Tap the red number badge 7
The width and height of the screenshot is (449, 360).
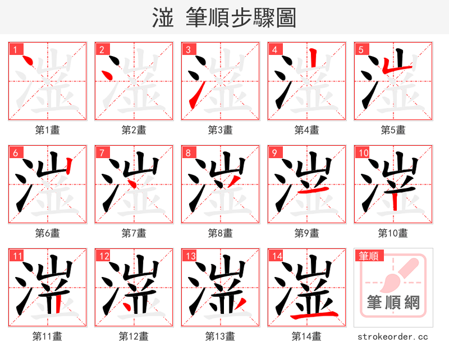102,153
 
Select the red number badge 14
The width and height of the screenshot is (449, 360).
276,256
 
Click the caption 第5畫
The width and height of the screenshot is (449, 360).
393,130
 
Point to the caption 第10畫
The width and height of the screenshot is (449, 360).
393,233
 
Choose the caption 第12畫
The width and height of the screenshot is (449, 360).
134,336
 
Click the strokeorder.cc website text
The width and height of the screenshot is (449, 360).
393,336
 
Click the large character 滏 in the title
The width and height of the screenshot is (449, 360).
162,18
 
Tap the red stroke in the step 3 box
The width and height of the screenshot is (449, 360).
193,100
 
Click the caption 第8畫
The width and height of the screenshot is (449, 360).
220,233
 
